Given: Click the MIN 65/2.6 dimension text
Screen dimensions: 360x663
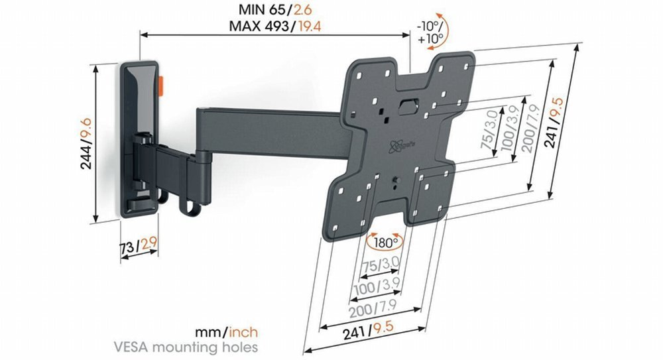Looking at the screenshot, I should point(276,11).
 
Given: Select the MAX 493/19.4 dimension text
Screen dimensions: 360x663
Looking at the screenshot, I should point(276,26).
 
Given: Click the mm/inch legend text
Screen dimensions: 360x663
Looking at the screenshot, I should point(227,331).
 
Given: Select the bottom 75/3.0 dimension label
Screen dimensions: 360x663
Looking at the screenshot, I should point(380,267).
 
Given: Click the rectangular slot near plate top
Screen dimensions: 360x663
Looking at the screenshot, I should point(408,103).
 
